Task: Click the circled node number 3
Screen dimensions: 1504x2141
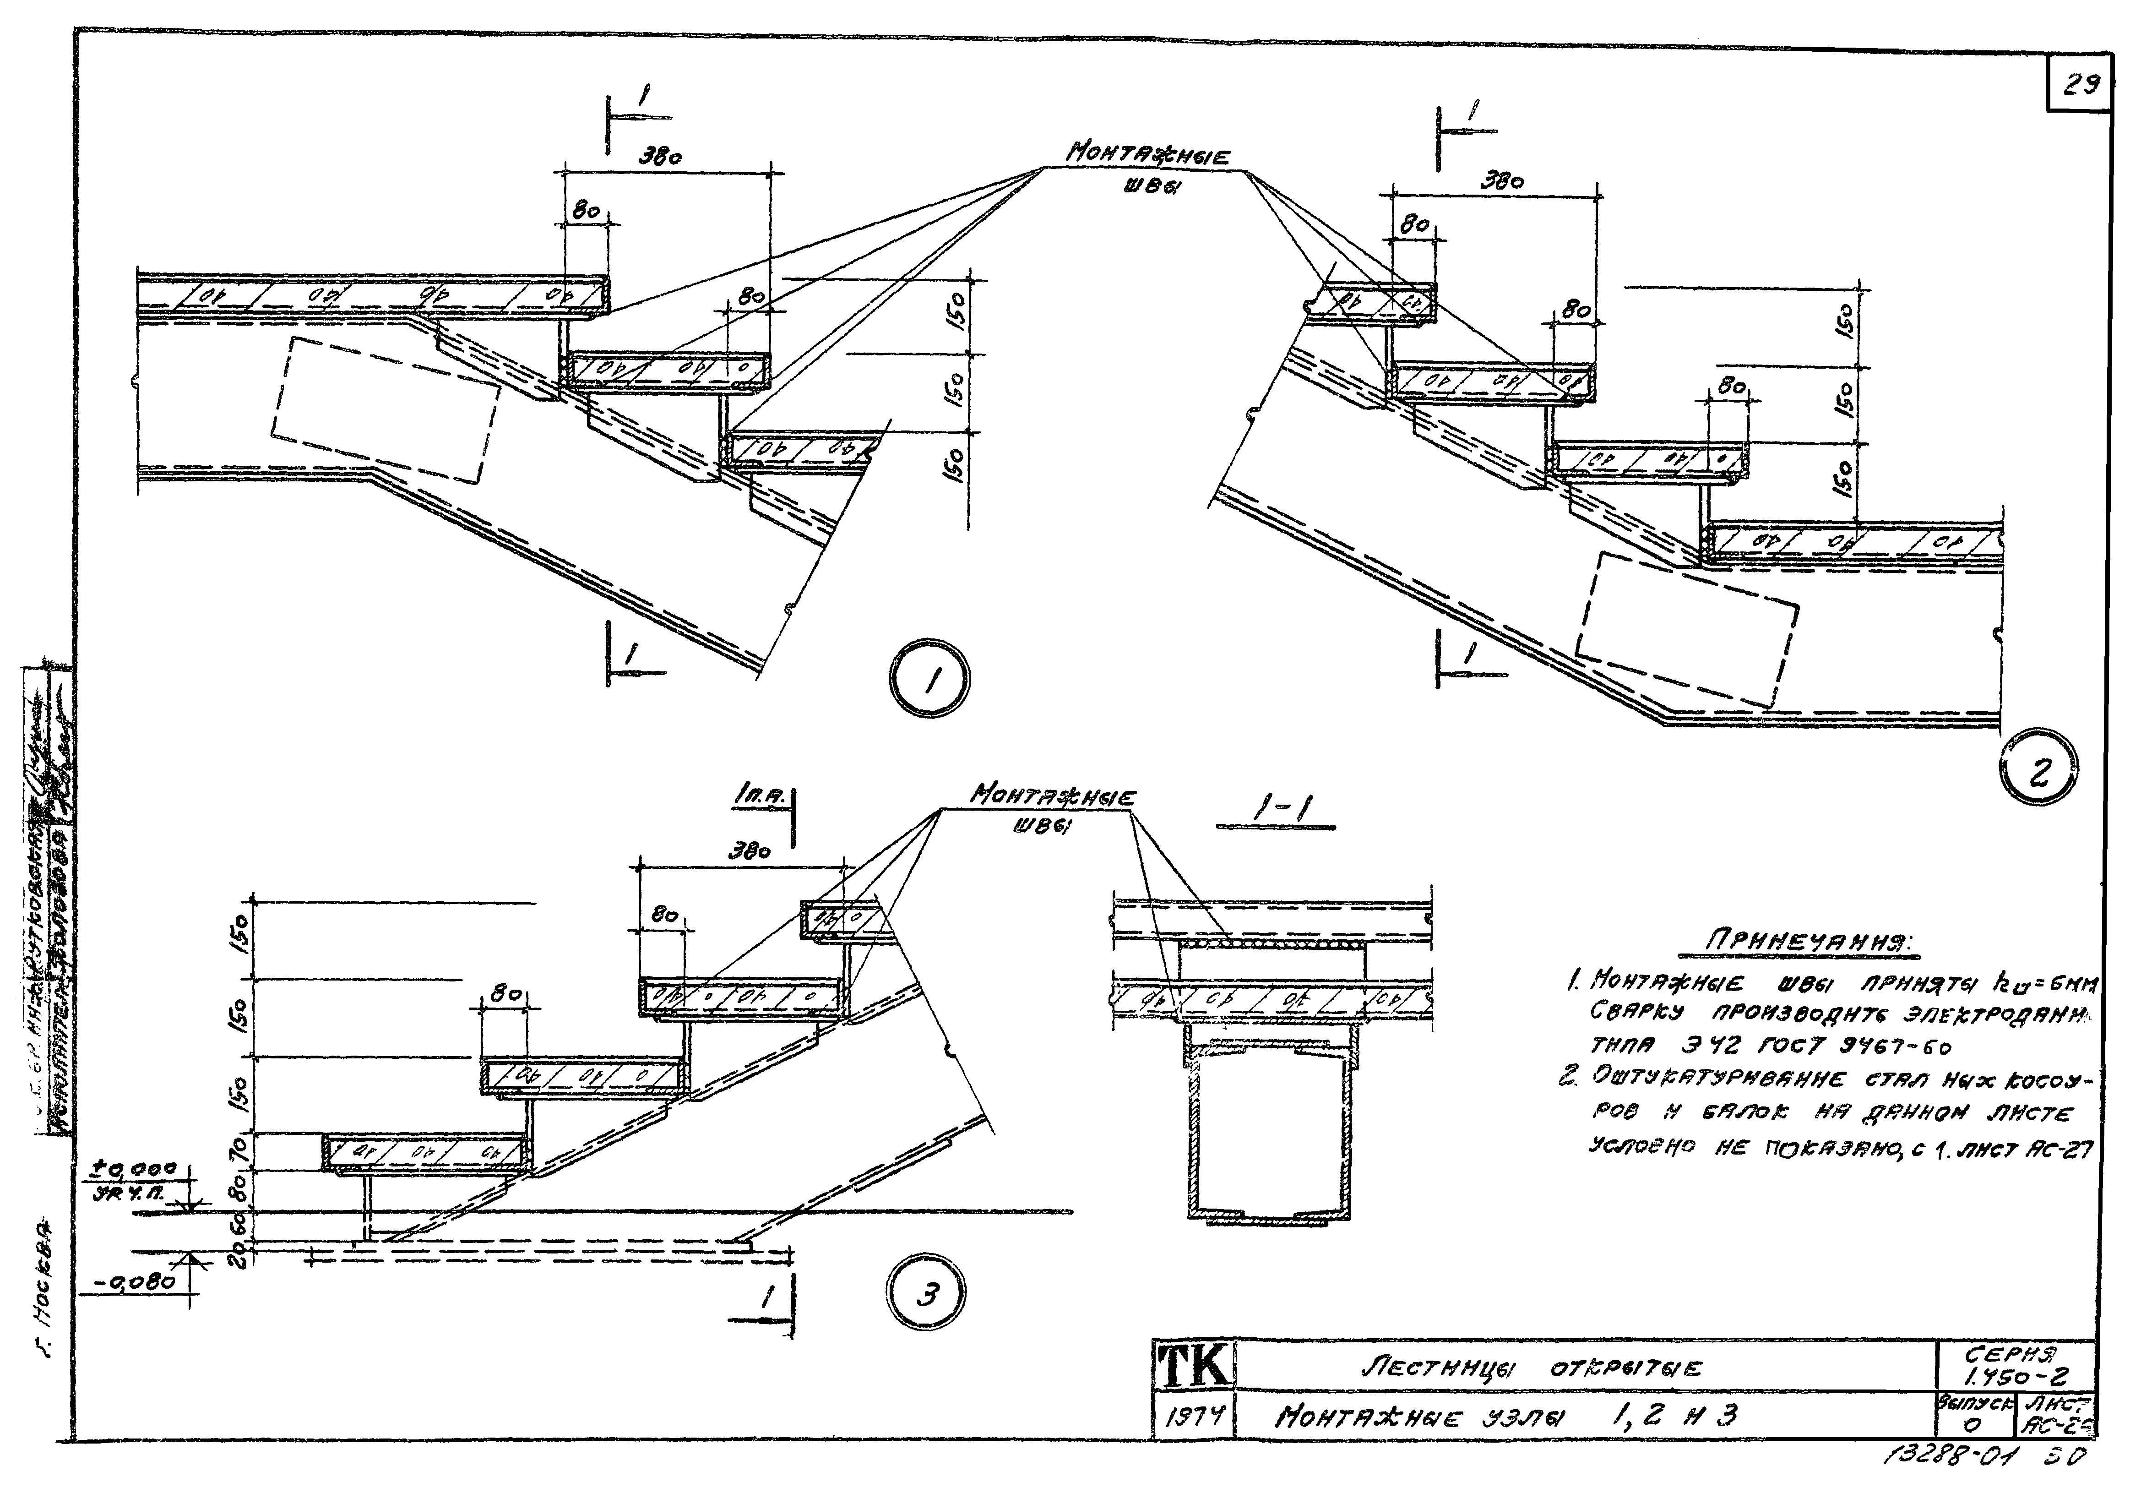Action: pyautogui.click(x=925, y=1295)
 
